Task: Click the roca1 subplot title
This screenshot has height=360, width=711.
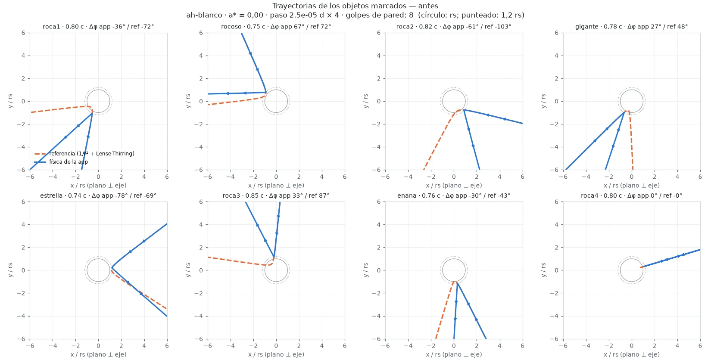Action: pyautogui.click(x=98, y=27)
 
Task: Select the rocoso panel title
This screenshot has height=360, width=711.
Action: pyautogui.click(x=276, y=27)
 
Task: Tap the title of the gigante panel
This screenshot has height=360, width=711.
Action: pyautogui.click(x=632, y=27)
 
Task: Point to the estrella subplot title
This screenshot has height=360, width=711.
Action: pyautogui.click(x=98, y=196)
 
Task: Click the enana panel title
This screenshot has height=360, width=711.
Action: pyautogui.click(x=454, y=196)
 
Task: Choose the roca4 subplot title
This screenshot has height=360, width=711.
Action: pyautogui.click(x=632, y=196)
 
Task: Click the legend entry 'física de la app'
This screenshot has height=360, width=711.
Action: pyautogui.click(x=69, y=162)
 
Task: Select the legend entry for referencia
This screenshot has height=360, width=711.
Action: pyautogui.click(x=92, y=153)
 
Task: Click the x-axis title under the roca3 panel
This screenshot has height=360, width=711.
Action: pyautogui.click(x=276, y=354)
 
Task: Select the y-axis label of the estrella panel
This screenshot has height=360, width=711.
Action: pyautogui.click(x=10, y=270)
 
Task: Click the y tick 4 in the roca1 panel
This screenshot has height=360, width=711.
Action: pyautogui.click(x=24, y=56)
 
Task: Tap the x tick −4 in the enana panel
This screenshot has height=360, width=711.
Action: pyautogui.click(x=408, y=346)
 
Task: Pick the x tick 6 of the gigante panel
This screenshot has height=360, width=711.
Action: pyautogui.click(x=700, y=177)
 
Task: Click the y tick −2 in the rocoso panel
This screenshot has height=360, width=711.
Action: pyautogui.click(x=199, y=124)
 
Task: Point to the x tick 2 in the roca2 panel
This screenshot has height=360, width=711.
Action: pyautogui.click(x=477, y=177)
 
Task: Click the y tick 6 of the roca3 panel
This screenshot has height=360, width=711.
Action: pyautogui.click(x=201, y=202)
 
